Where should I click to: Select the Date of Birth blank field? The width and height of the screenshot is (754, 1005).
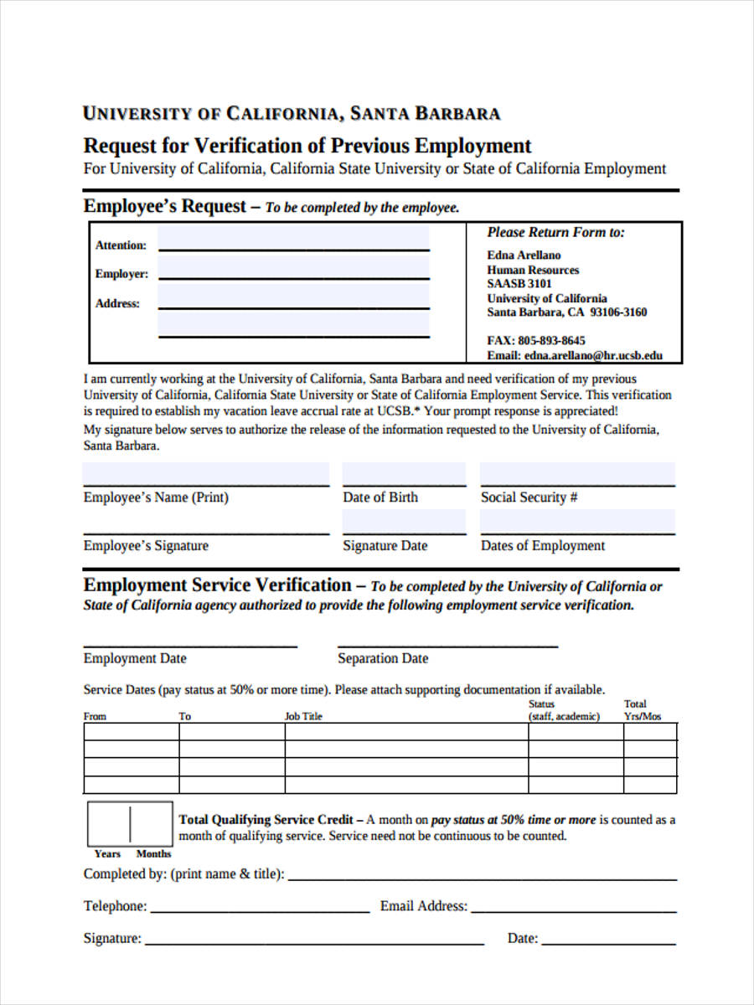coord(404,475)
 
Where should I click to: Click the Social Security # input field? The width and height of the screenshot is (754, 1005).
coord(577,475)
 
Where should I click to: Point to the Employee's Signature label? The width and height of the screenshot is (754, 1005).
coord(146,546)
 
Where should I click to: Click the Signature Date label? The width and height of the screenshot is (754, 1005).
coord(385,546)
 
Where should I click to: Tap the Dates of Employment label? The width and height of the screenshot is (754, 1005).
coord(542,546)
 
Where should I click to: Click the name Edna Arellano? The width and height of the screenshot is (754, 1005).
coord(524,255)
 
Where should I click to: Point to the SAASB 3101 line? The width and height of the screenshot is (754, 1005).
coord(519,284)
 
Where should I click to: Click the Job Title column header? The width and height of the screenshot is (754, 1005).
coord(303,716)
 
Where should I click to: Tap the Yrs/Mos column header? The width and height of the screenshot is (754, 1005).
coord(642,716)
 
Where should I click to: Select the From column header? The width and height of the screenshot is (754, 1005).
coord(95,716)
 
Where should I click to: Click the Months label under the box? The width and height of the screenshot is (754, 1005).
coord(153,853)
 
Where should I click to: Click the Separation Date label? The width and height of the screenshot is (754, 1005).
coord(382,658)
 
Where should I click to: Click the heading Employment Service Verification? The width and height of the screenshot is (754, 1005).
coord(218,585)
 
